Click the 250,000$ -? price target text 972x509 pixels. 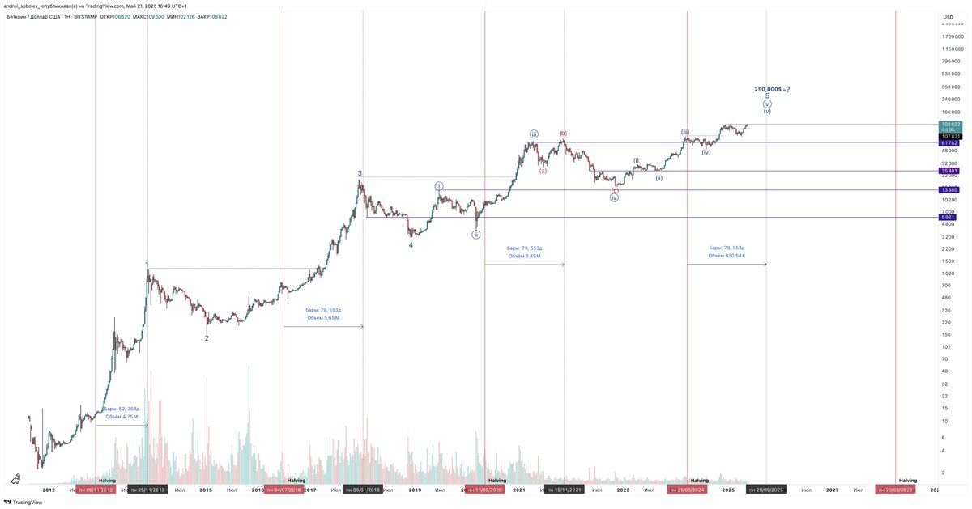(771, 89)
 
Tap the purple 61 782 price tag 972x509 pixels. (949, 143)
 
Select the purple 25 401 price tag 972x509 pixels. (949, 171)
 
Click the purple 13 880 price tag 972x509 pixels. (949, 189)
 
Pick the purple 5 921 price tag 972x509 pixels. (949, 217)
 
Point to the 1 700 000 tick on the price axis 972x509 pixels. (952, 36)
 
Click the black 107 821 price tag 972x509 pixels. (949, 136)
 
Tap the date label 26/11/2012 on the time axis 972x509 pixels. (95, 490)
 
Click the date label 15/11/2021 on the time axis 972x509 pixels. (564, 490)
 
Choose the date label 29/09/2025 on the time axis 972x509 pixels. (765, 490)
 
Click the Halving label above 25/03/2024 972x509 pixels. (699, 481)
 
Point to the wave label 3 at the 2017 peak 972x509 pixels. (360, 172)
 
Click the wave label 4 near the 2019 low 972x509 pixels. (411, 244)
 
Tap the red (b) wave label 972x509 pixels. (562, 133)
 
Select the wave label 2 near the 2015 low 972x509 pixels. (207, 338)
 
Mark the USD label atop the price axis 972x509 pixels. (948, 15)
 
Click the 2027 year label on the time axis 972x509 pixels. (832, 490)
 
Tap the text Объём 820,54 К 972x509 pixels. (727, 256)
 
